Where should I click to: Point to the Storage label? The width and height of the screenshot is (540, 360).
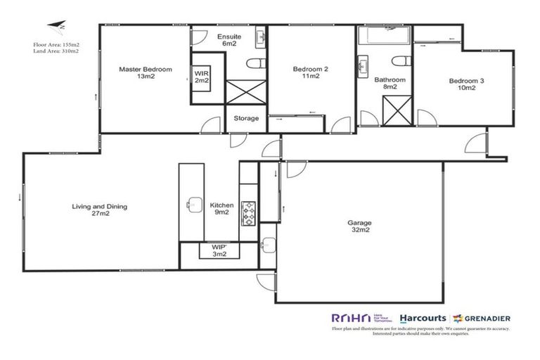[246, 118]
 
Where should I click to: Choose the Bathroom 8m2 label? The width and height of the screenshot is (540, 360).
[390, 84]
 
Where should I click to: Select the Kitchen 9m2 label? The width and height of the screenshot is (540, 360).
[221, 209]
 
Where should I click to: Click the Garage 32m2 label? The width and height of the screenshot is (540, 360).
[359, 226]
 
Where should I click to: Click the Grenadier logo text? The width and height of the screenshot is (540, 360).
[486, 318]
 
